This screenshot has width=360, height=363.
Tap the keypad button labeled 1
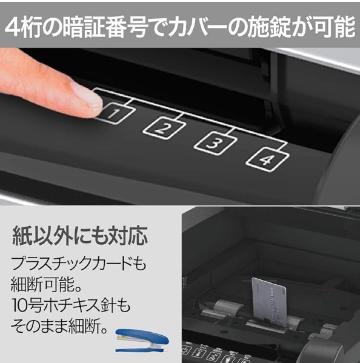(x=116, y=114)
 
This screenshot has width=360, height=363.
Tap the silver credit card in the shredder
(x=269, y=301)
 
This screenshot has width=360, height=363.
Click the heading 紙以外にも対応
(x=80, y=236)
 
